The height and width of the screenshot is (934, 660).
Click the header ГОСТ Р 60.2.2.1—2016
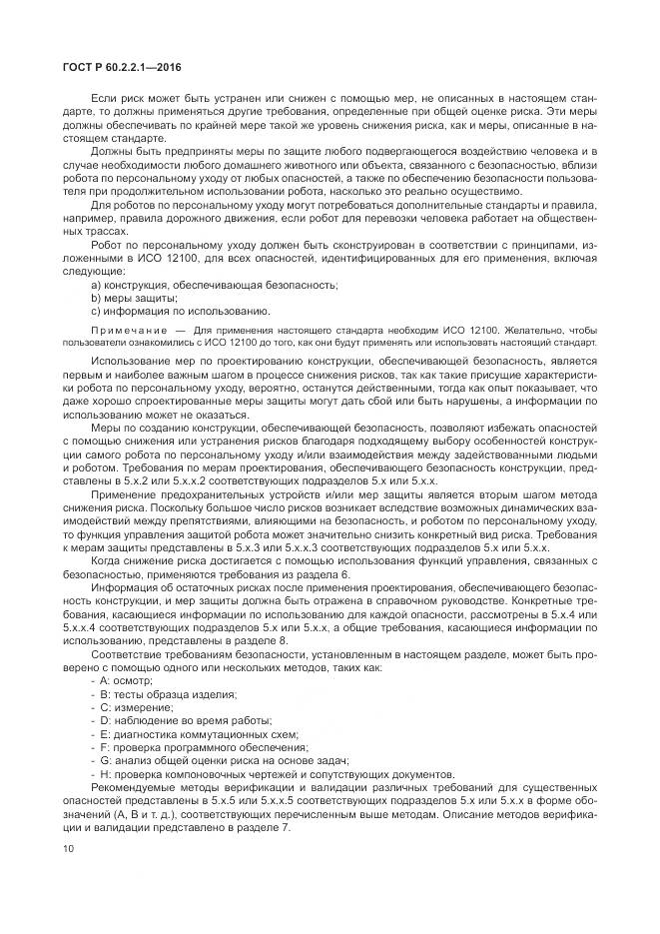tap(105, 68)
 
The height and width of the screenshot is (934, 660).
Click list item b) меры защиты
tap(134, 298)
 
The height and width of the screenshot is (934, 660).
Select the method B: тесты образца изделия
tap(164, 693)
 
